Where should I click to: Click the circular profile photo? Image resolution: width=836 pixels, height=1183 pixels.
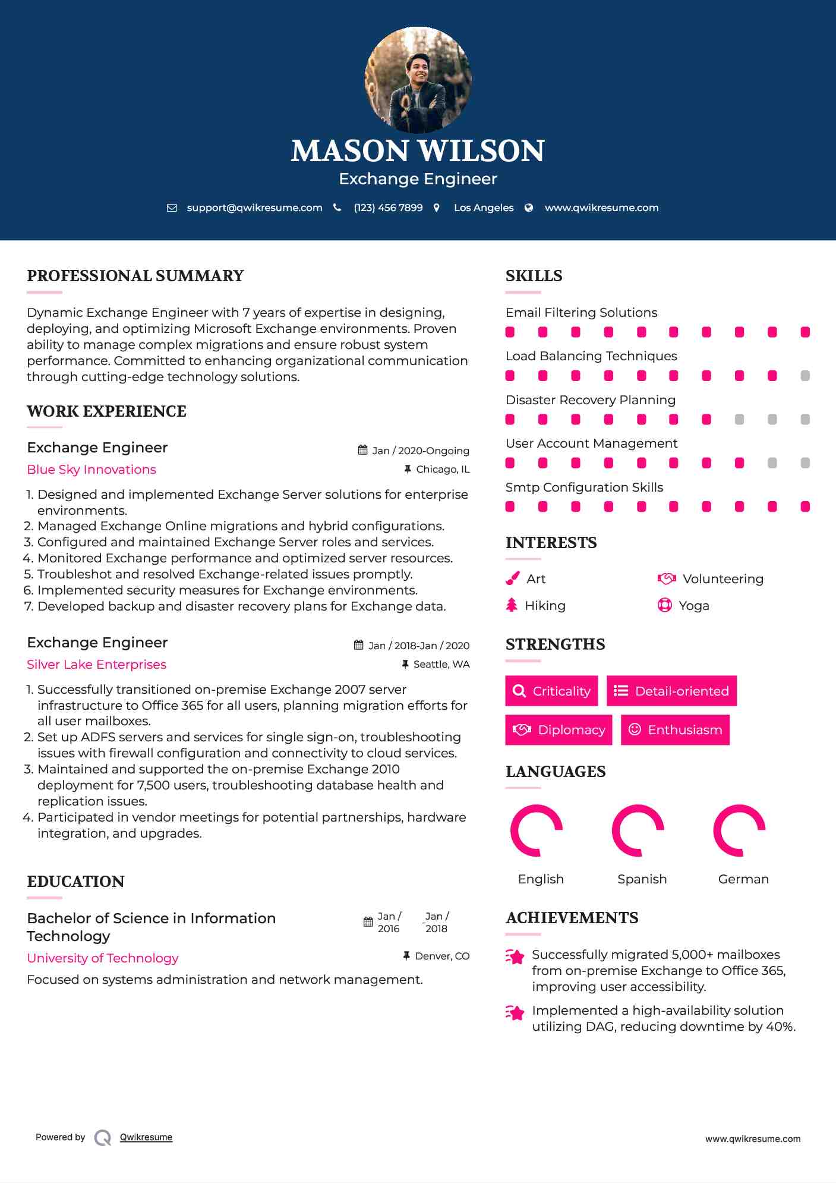coord(418,80)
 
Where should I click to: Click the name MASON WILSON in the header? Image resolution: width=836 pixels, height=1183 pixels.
coord(418,151)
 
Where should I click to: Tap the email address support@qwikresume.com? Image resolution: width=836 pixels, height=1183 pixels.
coord(254,207)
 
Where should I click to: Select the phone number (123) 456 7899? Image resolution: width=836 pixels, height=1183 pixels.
coord(388,207)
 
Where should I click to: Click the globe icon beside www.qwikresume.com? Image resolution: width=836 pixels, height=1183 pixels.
coord(529,207)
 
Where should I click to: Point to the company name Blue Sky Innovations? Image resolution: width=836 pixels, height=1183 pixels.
coord(92,470)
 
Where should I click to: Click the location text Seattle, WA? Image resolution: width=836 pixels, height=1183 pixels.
coord(441,664)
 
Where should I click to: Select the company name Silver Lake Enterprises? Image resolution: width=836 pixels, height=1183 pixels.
coord(96,665)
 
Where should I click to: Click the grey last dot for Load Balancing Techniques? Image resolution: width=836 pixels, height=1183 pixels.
coord(805,376)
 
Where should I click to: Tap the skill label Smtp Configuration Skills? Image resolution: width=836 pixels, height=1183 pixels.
coord(584,487)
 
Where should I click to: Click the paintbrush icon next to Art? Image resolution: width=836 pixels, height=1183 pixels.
coord(512,578)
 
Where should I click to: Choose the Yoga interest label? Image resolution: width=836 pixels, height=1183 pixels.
coord(694,606)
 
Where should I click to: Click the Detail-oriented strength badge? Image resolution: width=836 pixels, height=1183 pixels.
coord(671,691)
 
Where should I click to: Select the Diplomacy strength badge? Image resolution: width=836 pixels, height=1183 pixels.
coord(559,730)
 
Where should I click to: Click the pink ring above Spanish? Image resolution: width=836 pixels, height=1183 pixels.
coord(638,830)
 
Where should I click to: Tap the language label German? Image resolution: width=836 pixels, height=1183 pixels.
coord(743,879)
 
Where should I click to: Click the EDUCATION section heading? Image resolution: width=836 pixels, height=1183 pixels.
coord(75,882)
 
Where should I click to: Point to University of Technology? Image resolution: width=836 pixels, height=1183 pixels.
coord(103,958)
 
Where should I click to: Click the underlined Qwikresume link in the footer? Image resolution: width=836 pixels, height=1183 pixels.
coord(146,1137)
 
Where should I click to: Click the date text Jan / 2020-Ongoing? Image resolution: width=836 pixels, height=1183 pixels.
coord(421,451)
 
